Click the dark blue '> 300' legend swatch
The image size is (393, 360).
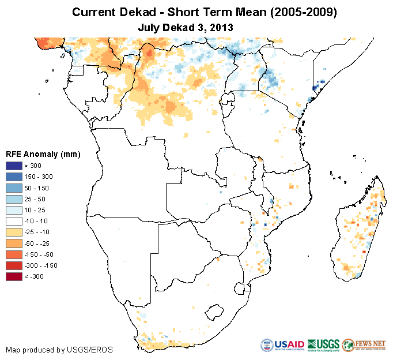14,166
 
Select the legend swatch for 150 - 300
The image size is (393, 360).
14,177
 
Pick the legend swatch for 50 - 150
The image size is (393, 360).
14,187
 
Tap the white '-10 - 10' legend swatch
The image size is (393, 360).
14,221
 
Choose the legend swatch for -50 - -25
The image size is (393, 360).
14,243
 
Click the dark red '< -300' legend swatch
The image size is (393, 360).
14,276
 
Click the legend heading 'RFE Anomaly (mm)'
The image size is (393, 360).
43,154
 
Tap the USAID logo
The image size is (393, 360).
282,345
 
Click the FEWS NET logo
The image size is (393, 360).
364,345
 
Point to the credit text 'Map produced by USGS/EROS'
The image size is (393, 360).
59,350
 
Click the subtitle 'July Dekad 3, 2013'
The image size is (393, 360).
186,27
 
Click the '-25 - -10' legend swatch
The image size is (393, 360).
14,232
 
